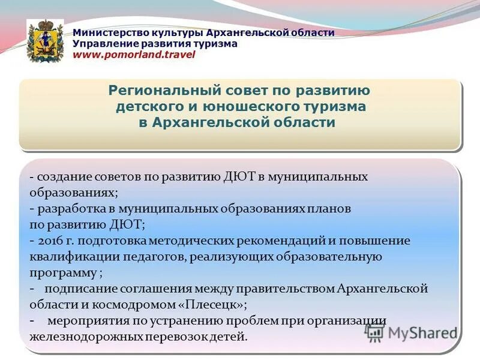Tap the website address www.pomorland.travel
click(x=134, y=55)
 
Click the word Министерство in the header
click(x=106, y=32)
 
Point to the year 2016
click(x=49, y=241)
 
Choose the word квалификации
click(x=67, y=257)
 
